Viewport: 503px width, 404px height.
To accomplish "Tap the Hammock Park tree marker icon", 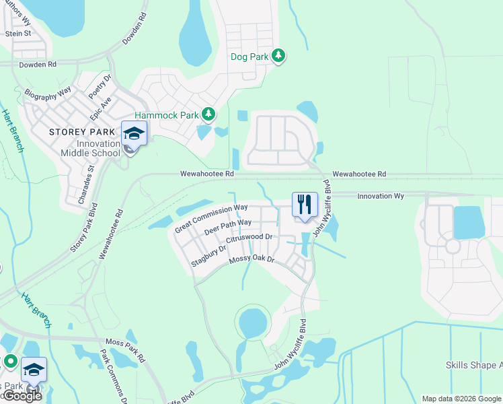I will pyautogui.click(x=208, y=115).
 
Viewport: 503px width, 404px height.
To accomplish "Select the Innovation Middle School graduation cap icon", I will pyautogui.click(x=134, y=133).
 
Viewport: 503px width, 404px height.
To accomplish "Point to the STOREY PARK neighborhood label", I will pyautogui.click(x=79, y=132).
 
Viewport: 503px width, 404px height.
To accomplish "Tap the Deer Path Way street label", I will pyautogui.click(x=228, y=226).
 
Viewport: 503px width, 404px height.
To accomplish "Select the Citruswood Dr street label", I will pyautogui.click(x=249, y=238).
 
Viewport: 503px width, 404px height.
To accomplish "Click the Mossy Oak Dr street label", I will pyautogui.click(x=252, y=258).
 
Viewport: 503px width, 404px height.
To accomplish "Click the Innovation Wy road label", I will pyautogui.click(x=381, y=196).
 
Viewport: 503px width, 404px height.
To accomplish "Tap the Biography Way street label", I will pyautogui.click(x=48, y=93).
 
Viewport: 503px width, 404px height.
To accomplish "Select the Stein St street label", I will pyautogui.click(x=18, y=33).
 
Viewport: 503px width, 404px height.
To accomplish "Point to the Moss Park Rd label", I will pyautogui.click(x=124, y=350).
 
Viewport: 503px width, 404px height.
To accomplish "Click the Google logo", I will pyautogui.click(x=22, y=395).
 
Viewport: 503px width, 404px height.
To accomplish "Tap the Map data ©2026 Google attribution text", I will pyautogui.click(x=461, y=399).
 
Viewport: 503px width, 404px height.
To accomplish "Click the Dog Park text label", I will pyautogui.click(x=249, y=57).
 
